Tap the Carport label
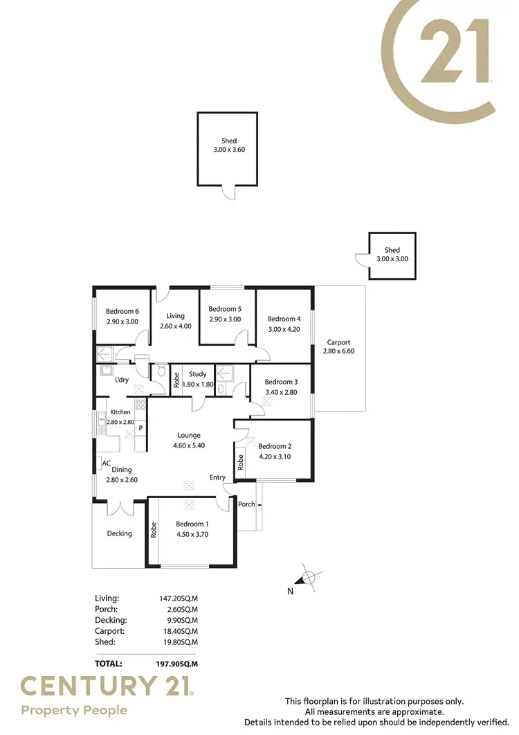coord(339,342)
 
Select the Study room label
coord(198,375)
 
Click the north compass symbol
coord(309,577)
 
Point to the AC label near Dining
coord(106,463)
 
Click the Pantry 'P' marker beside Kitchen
coord(140,428)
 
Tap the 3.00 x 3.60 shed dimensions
coord(228,150)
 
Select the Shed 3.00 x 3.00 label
coord(392,254)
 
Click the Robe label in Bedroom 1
coord(154,530)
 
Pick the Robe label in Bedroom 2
coord(240,462)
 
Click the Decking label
coord(119,533)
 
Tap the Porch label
coord(246,504)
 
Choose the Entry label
coord(218,477)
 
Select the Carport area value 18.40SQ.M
coord(179,631)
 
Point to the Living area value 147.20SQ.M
coord(179,598)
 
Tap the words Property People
coord(74,710)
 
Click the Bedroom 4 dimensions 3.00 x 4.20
coord(284,329)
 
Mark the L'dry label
coord(122,380)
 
